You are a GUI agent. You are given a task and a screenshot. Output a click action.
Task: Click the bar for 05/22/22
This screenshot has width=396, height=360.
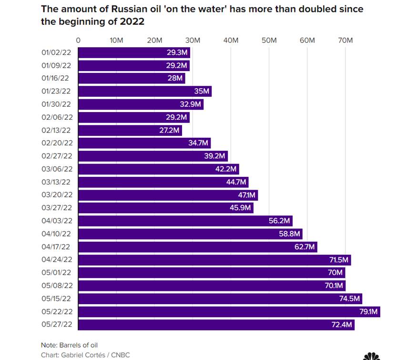tap(229, 312)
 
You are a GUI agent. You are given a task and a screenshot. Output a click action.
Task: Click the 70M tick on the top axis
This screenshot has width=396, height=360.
tap(345, 41)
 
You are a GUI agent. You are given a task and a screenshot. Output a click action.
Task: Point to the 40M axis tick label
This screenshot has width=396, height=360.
tap(231, 41)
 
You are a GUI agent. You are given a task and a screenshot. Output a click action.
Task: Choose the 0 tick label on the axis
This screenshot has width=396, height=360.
tap(78, 41)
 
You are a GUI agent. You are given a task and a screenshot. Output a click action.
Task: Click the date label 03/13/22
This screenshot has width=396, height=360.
tap(56, 182)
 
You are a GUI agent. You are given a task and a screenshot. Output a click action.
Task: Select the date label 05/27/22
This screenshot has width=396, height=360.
tap(56, 325)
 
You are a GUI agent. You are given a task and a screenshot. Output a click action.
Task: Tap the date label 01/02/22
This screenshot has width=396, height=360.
tap(56, 52)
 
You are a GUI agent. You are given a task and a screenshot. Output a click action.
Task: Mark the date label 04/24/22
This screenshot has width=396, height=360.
tap(56, 260)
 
